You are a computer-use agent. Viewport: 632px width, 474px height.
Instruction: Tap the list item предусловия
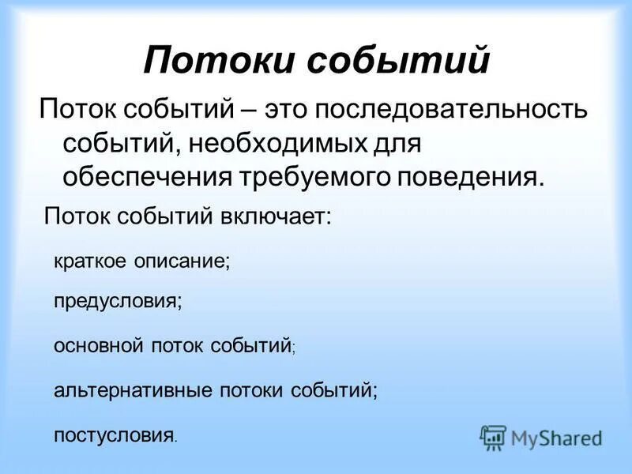118,301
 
